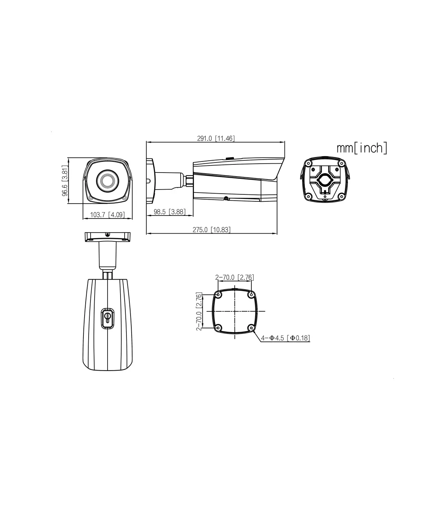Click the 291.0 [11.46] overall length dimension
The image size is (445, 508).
216,138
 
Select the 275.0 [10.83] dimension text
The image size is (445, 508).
212,230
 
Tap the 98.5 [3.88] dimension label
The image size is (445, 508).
169,212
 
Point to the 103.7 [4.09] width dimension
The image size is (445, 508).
108,214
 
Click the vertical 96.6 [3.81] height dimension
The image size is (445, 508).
65,181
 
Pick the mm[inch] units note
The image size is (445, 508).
362,148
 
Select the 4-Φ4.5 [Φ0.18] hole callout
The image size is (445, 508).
286,338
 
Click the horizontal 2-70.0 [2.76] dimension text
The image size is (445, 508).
235,277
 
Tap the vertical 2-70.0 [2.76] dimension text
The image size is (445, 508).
199,311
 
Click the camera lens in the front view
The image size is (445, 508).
108,181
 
